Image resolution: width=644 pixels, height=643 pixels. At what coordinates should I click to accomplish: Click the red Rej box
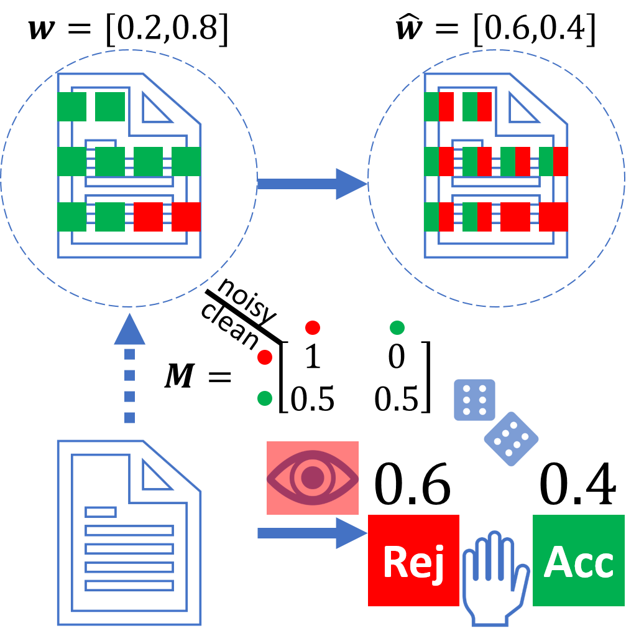click(413, 560)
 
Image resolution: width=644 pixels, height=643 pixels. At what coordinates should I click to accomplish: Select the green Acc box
click(578, 560)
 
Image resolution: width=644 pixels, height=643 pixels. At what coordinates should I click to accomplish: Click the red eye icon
click(313, 478)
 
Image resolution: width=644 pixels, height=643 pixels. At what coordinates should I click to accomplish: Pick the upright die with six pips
click(474, 400)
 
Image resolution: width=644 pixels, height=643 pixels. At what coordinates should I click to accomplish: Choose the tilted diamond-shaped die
click(511, 439)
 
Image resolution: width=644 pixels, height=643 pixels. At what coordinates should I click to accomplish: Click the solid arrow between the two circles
click(311, 184)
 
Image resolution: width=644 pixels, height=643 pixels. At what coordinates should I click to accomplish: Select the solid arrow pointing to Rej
click(311, 533)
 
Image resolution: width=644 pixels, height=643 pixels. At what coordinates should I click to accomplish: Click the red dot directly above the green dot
click(265, 357)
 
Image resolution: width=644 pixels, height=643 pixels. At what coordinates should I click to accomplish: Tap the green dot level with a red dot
click(397, 327)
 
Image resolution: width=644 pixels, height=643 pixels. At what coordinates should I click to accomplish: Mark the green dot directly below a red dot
click(265, 398)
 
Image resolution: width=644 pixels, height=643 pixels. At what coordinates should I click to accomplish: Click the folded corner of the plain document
click(155, 476)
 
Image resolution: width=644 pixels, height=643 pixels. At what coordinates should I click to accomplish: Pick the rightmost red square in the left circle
click(186, 217)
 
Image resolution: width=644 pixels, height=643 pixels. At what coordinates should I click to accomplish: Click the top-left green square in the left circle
click(71, 106)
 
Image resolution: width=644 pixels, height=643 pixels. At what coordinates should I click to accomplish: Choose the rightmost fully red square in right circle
click(553, 217)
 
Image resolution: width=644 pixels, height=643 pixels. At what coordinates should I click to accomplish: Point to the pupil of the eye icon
click(313, 478)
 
